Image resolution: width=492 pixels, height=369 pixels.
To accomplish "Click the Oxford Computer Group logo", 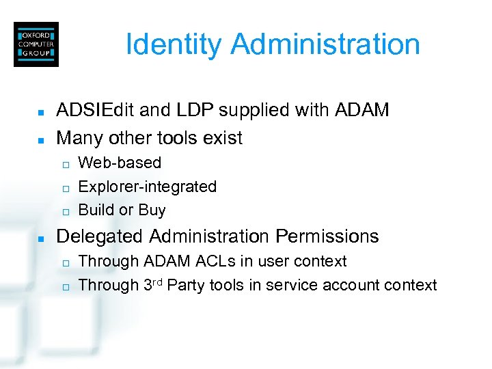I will point(36,44).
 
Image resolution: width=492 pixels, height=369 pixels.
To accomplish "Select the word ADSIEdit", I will point(96,110).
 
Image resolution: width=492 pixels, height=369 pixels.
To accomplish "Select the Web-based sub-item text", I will point(120,163).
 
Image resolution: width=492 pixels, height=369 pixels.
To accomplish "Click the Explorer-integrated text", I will point(148,187).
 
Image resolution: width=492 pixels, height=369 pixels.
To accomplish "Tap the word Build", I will point(96,210).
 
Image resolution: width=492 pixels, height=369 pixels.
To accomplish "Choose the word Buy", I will point(152,210).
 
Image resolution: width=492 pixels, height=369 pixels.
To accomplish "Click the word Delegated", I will point(100,237).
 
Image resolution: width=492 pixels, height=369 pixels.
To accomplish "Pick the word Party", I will point(185,285).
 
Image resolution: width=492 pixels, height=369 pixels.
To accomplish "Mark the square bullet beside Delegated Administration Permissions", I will point(41,238).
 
